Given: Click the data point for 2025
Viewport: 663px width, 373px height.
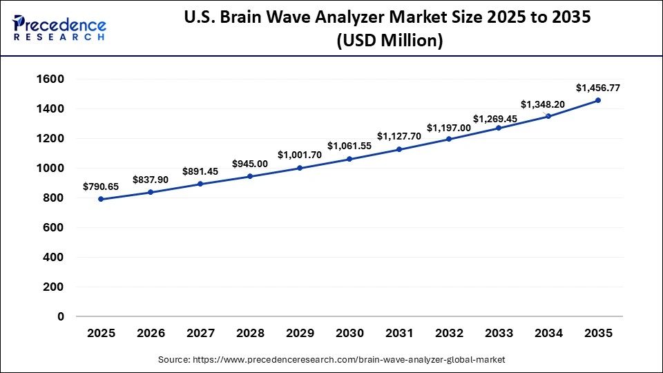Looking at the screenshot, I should coord(101,199).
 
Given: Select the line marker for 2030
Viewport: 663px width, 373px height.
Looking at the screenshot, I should coord(349,159).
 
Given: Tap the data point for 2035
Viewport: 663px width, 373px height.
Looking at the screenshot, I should coord(598,100).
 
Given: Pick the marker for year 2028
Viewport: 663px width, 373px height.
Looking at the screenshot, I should coord(250,176).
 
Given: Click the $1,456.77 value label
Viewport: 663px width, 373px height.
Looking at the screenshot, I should coord(598,88).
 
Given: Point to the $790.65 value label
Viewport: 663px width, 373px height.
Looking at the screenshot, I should coord(101,186).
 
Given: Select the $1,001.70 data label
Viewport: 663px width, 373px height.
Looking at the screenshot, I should coord(300,155).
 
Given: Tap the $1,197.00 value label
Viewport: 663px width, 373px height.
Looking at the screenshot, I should coord(449,128).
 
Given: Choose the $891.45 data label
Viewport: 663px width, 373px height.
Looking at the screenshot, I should coord(200,171).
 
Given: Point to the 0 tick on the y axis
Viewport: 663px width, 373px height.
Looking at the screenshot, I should coord(61,316).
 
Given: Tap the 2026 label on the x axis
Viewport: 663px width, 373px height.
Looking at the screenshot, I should coord(151,334).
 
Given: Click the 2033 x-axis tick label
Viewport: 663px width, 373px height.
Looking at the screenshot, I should coord(499,334).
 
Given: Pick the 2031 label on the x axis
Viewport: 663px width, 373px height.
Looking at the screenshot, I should coord(399,334).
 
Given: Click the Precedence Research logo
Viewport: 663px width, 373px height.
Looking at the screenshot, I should coord(59,28).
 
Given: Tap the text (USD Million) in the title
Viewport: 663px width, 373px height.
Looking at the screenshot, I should coord(390,41).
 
